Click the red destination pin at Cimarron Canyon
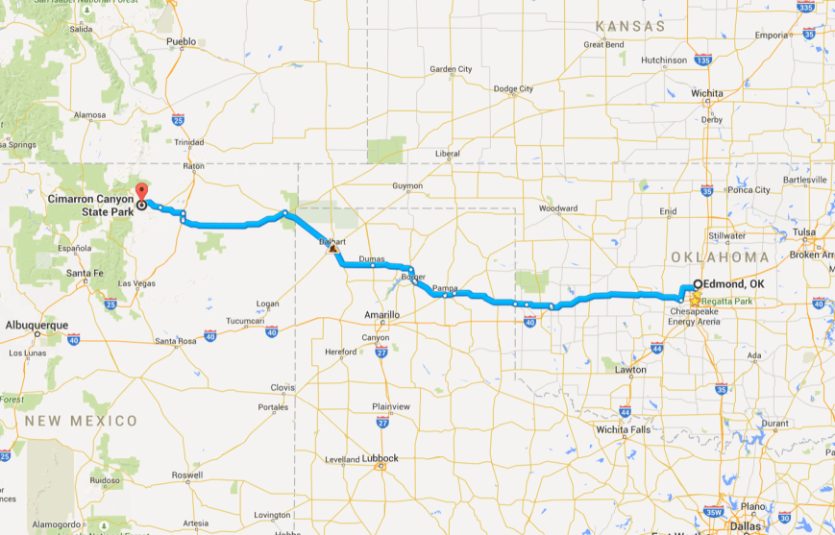[141, 189]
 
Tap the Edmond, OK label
[728, 284]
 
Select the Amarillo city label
[381, 314]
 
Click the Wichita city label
[706, 93]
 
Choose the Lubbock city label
[381, 458]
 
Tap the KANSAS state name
[630, 25]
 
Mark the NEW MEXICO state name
[81, 421]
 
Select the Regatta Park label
[725, 301]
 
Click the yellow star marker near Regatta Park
[694, 301]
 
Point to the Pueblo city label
[181, 41]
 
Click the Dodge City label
[512, 88]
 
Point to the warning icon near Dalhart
[332, 248]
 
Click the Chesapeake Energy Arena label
[694, 316]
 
